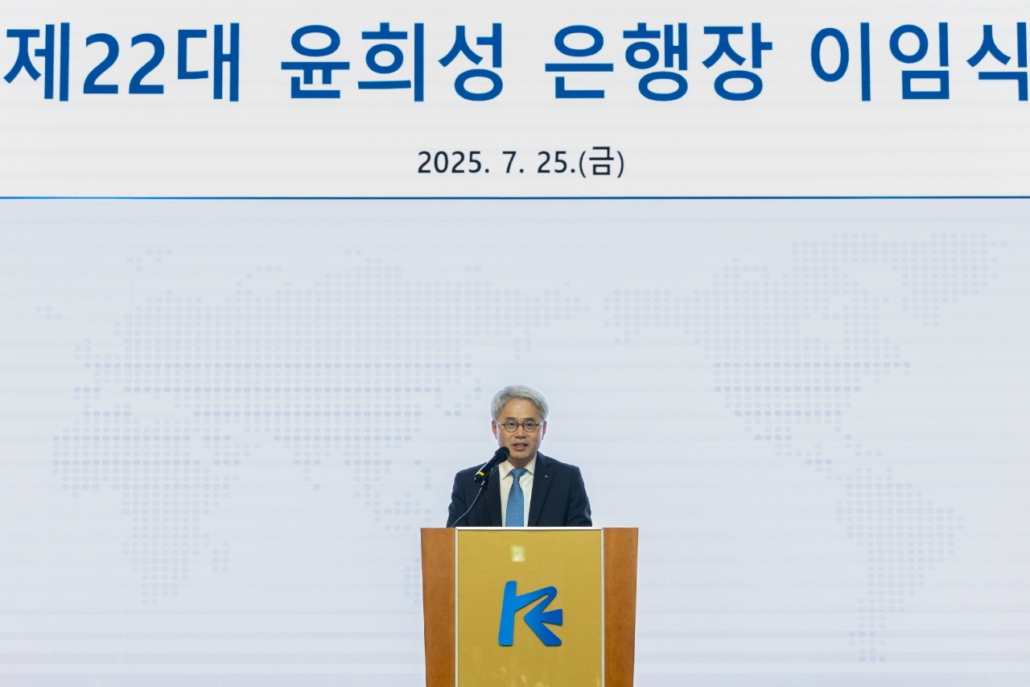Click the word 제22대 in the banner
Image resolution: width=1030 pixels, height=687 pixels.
[x=121, y=62]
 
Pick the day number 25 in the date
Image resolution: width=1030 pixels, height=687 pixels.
[x=555, y=163]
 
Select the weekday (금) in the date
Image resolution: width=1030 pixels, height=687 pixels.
[x=602, y=163]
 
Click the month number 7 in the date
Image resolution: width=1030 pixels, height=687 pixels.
[x=510, y=163]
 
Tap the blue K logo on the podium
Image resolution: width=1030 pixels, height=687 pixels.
[x=530, y=614]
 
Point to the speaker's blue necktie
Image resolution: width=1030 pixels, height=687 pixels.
[x=516, y=498]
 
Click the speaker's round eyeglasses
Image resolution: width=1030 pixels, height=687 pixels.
[x=519, y=425]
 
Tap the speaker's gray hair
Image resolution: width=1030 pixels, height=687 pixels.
[x=519, y=399]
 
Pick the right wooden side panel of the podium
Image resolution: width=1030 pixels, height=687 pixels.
[x=620, y=607]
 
